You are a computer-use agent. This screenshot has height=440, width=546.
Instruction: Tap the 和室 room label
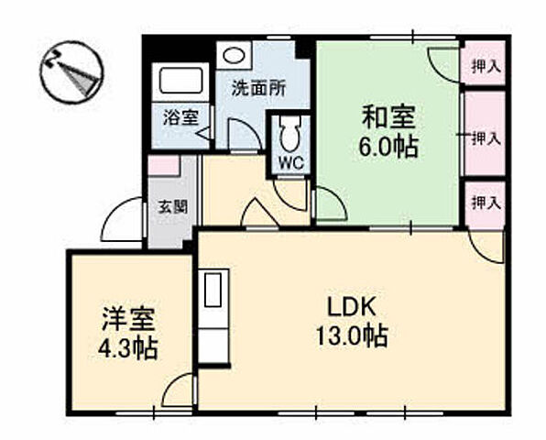coord(388,118)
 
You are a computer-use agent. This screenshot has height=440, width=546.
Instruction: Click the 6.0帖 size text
coord(388,147)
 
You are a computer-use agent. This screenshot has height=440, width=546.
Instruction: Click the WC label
coord(290,162)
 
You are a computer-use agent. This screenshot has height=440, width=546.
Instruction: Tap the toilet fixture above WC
coord(289,135)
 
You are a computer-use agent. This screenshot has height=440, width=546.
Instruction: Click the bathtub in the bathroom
coord(186,82)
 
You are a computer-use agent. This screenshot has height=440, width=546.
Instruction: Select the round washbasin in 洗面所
coord(234,55)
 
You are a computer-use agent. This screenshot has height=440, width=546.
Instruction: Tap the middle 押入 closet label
coord(484,138)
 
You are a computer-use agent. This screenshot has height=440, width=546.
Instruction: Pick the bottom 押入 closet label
coord(484,203)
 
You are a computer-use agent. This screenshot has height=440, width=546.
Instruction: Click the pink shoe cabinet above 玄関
coord(163,166)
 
